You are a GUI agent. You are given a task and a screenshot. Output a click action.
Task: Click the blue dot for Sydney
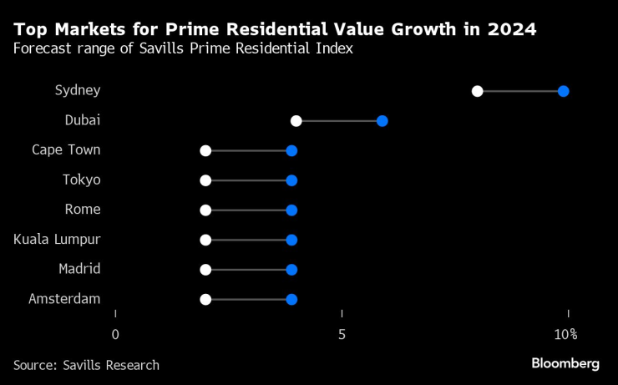[564, 91]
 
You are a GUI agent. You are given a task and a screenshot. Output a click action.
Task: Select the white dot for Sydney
[478, 91]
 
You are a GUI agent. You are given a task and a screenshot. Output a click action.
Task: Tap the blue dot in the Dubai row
[382, 121]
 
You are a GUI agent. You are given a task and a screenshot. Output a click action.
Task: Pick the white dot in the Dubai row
[296, 121]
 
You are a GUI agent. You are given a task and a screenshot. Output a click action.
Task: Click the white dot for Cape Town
[206, 150]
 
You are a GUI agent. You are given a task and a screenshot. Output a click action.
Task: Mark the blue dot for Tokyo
[291, 180]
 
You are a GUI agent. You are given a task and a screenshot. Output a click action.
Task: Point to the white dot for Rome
[206, 210]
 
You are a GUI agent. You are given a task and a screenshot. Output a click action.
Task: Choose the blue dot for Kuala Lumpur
[291, 240]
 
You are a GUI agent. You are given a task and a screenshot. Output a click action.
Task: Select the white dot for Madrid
[206, 270]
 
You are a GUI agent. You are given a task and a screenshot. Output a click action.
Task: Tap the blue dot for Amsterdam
[291, 299]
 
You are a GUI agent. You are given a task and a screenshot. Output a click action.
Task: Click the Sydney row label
[78, 90]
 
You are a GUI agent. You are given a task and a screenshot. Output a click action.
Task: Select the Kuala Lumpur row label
[57, 240]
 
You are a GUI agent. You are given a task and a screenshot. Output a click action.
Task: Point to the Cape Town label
[66, 150]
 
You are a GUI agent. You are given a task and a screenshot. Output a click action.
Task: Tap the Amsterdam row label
[64, 299]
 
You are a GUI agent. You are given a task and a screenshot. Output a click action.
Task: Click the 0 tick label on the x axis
[115, 335]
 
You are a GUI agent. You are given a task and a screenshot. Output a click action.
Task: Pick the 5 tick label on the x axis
[342, 335]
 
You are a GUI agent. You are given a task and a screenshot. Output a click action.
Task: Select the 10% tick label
[566, 335]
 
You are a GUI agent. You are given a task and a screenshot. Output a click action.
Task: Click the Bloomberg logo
[565, 363]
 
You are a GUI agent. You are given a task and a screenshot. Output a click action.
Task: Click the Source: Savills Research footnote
[86, 365]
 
